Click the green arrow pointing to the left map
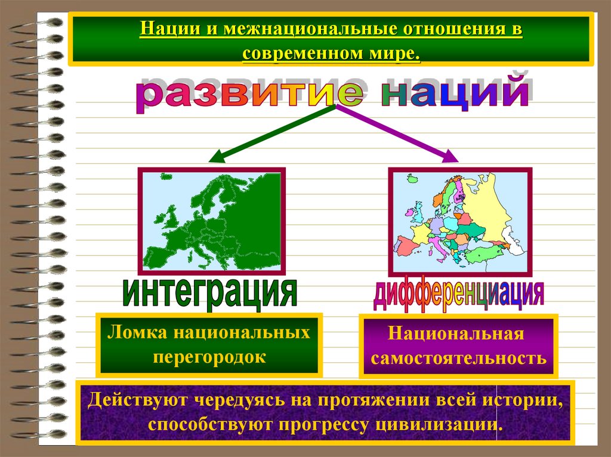(x=271, y=133)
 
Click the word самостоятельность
(x=458, y=359)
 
